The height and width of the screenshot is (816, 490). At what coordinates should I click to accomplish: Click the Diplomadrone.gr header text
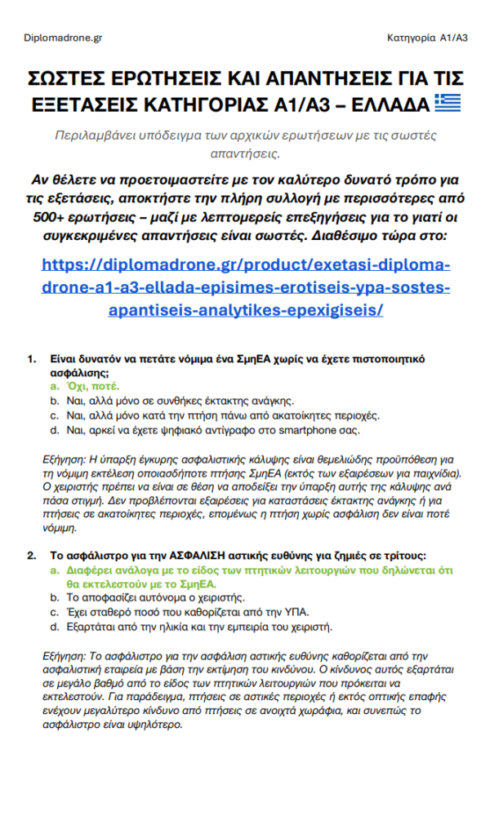click(64, 38)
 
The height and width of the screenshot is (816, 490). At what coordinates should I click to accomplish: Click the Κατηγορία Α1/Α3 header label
click(427, 38)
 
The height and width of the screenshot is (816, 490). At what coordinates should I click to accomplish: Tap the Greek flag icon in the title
click(448, 104)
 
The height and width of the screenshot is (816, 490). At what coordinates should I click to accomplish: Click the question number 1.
click(32, 359)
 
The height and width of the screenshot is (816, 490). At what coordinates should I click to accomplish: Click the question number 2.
click(32, 556)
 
